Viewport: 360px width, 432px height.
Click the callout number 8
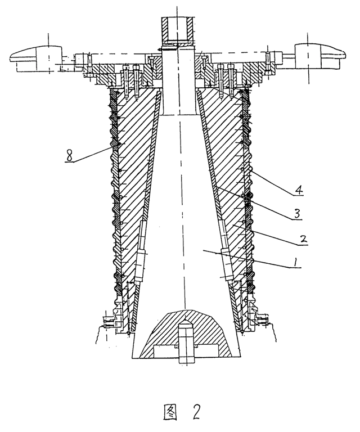pos(69,156)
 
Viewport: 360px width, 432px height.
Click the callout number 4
pos(298,190)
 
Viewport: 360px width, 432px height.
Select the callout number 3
pos(297,214)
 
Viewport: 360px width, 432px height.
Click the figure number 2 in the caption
pos(196,412)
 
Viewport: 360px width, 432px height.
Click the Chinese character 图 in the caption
pos(170,412)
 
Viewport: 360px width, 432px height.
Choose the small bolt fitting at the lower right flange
pos(261,319)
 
